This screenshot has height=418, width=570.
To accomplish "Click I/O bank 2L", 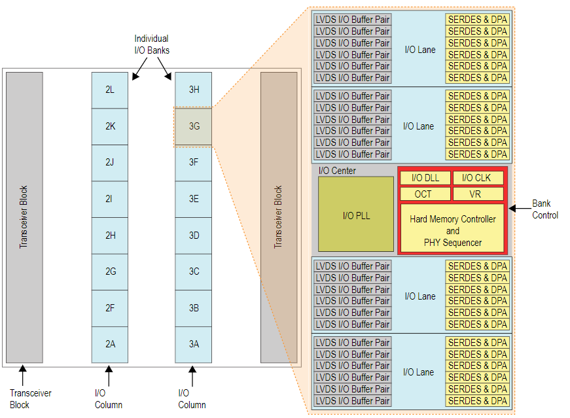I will (x=109, y=90).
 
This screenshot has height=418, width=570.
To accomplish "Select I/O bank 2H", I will (x=109, y=235).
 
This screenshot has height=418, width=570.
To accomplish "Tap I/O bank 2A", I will (x=109, y=344).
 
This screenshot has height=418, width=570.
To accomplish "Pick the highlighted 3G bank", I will (x=194, y=126).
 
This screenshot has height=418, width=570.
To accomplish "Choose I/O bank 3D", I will (x=194, y=235).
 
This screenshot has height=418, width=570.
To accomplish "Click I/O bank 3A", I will (x=194, y=344).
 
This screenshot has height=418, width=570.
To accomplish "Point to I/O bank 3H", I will (x=194, y=90).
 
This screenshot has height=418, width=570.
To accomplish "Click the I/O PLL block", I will (x=357, y=215).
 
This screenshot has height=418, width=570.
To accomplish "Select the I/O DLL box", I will (x=425, y=178).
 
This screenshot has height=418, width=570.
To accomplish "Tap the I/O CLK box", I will (x=478, y=178).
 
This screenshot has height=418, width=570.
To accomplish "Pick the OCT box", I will (x=425, y=194).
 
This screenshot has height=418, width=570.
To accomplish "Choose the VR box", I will (x=478, y=194).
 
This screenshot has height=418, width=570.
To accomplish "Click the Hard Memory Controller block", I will (x=452, y=230).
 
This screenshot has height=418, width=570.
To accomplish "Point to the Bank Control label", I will (x=544, y=209).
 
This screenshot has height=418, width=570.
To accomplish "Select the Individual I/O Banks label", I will (x=151, y=44).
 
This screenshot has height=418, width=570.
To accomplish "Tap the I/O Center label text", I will (x=337, y=171).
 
